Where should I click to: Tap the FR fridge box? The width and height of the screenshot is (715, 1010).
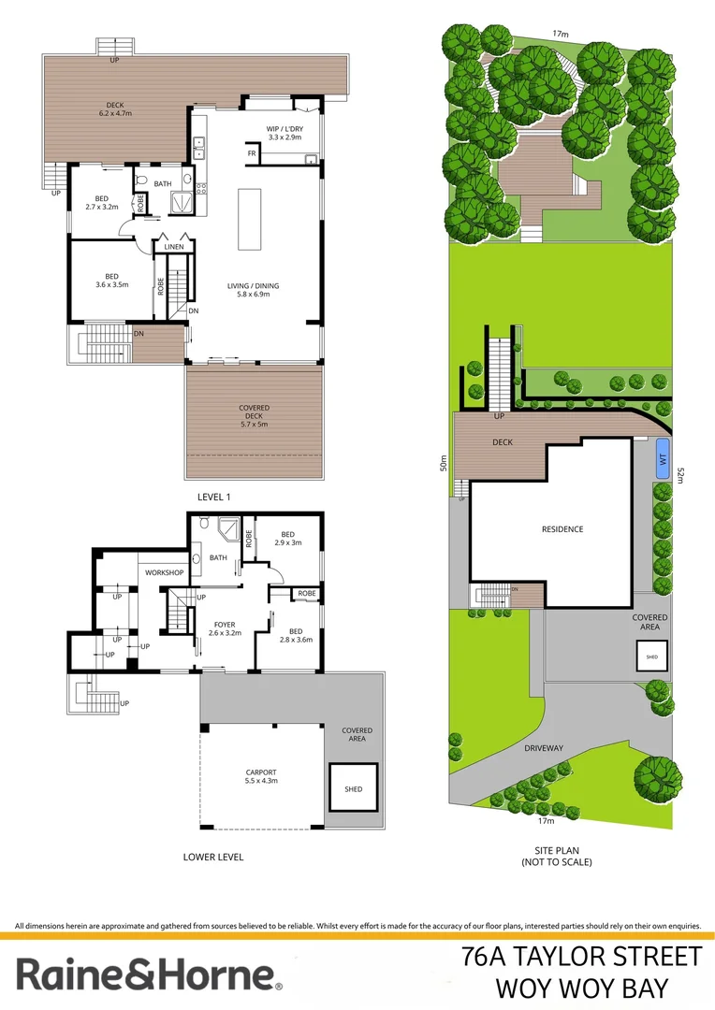(252, 153)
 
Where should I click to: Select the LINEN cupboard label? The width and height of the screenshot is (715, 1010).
(175, 247)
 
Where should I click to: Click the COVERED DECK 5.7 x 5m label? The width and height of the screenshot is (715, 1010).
(254, 415)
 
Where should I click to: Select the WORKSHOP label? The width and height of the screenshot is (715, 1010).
(164, 572)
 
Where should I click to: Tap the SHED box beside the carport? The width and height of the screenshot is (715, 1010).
(353, 788)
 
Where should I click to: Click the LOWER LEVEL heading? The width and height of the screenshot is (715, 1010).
(213, 857)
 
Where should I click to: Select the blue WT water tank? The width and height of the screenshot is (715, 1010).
(663, 459)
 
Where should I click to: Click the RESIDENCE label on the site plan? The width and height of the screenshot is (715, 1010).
(562, 529)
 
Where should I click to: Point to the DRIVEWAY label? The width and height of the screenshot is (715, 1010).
(570, 722)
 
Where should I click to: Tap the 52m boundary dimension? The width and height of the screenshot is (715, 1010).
(681, 475)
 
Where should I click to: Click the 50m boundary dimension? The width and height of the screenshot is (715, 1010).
(444, 463)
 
